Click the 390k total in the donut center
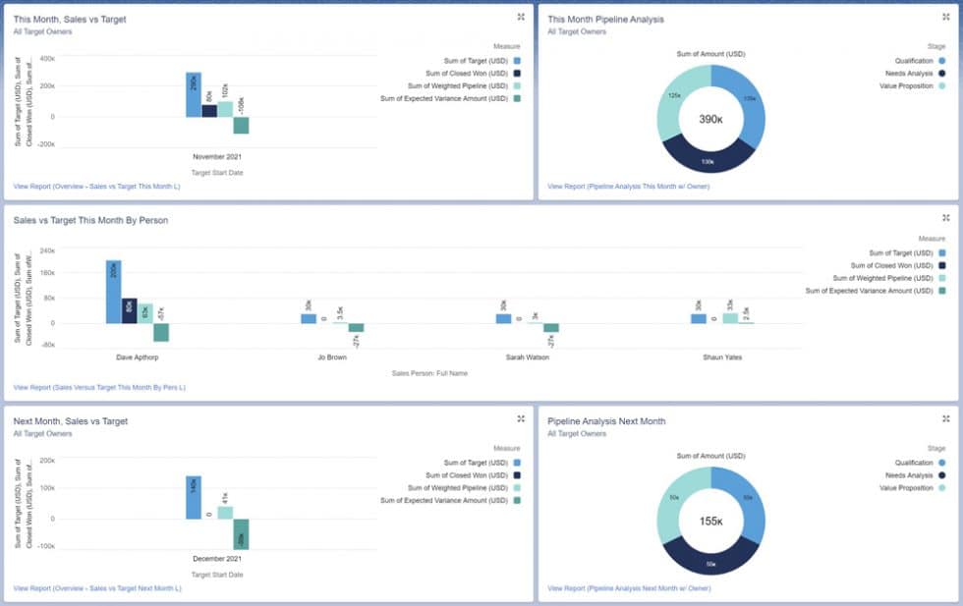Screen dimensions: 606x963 click(709, 119)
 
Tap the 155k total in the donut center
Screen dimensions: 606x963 click(709, 521)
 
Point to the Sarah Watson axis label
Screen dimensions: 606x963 click(527, 358)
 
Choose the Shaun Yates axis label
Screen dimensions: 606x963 click(722, 358)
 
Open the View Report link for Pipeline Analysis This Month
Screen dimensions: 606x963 click(628, 186)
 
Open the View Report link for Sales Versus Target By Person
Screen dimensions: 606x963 click(99, 387)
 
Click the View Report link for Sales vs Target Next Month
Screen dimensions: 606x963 click(97, 588)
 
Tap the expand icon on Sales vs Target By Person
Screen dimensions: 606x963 click(945, 218)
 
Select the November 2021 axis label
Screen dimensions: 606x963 click(217, 156)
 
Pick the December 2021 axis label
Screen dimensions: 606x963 click(217, 558)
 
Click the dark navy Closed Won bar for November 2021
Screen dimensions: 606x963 click(209, 110)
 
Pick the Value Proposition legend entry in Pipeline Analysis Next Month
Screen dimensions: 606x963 click(908, 488)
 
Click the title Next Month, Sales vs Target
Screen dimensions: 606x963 click(71, 421)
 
